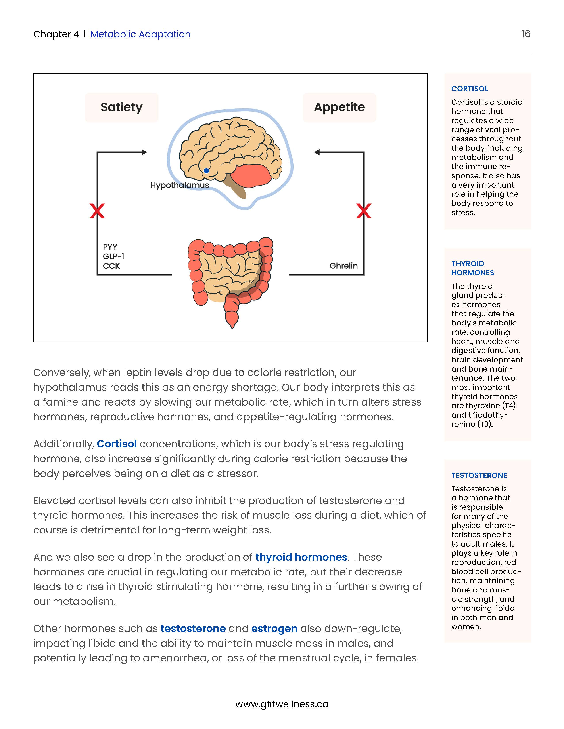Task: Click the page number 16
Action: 526,34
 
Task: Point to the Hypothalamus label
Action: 179,185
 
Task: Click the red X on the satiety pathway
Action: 97,211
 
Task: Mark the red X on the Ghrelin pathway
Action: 364,211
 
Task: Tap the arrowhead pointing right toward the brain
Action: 144,152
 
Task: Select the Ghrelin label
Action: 343,266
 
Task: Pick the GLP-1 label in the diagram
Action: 113,256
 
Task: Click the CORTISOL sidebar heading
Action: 469,89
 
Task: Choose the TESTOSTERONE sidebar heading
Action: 479,475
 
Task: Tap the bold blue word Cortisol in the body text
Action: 117,444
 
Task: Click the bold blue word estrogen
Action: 274,628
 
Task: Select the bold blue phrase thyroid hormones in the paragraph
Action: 301,557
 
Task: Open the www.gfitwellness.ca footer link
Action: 282,704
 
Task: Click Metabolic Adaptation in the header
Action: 140,34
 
